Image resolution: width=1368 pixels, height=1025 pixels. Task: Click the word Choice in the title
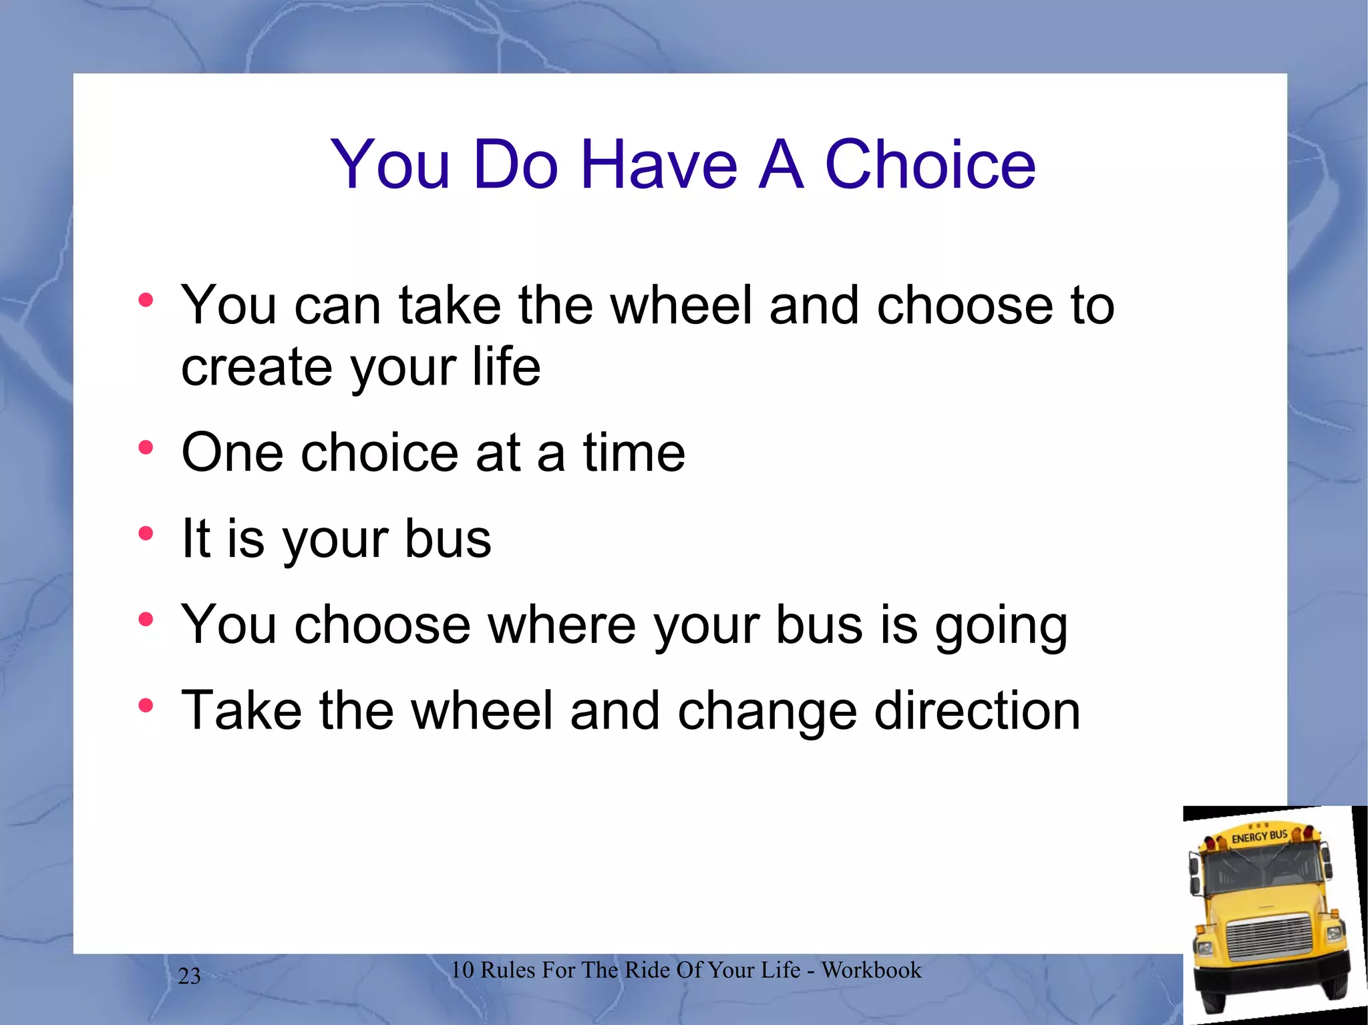[930, 164]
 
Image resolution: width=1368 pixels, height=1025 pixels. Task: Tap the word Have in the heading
[659, 164]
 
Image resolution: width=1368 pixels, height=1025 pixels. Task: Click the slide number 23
[189, 976]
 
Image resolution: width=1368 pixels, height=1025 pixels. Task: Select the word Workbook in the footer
[871, 970]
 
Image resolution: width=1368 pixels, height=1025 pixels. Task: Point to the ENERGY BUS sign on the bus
[1258, 836]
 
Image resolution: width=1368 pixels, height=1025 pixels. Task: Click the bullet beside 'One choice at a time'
[146, 447]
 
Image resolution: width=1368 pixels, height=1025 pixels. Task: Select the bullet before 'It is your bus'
[146, 534]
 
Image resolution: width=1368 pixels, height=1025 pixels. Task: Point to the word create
[256, 367]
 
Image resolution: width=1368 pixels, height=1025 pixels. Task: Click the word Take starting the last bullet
[241, 710]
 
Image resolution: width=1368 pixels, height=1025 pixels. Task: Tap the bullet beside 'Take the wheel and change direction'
[146, 705]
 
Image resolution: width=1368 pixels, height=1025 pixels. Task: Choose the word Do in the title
[515, 164]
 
